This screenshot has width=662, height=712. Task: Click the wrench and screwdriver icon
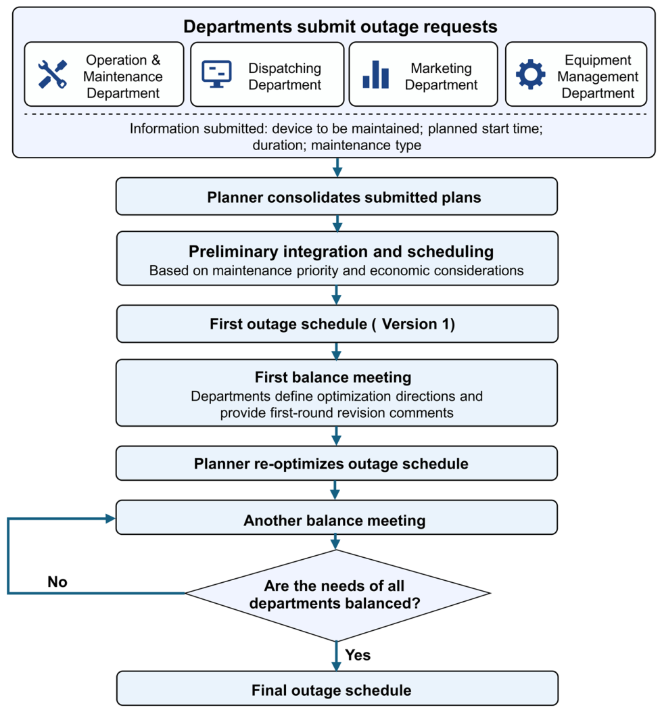[x=53, y=74]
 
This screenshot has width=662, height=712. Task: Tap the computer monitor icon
[x=216, y=74]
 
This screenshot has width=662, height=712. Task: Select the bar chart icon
[x=375, y=74]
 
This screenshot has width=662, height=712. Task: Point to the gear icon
[x=530, y=74]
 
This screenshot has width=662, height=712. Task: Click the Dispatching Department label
[x=285, y=76]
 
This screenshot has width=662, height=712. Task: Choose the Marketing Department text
[x=441, y=76]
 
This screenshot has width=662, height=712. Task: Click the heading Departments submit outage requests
[x=340, y=26]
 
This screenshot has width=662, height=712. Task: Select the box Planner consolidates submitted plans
[x=337, y=196]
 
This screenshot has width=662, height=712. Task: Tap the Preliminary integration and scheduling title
[x=341, y=251]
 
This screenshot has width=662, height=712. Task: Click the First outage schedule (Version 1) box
[x=337, y=324]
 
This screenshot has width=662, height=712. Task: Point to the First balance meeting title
[x=333, y=377]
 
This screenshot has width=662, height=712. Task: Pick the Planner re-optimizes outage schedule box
[x=337, y=463]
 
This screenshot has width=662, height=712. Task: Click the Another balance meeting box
[x=337, y=518]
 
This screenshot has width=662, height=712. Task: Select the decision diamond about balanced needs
[x=337, y=594]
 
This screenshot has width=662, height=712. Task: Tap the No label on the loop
[x=57, y=582]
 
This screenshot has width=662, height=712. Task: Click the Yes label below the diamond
[x=358, y=655]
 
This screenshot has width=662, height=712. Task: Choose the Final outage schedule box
[x=337, y=688]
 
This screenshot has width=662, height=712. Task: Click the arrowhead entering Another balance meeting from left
[x=110, y=519]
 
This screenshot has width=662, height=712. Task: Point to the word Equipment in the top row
[x=598, y=60]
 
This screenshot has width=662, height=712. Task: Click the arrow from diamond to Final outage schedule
[x=336, y=656]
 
